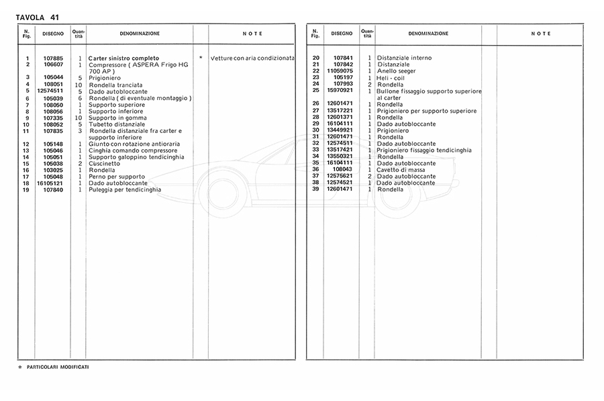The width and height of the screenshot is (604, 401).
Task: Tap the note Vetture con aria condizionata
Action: (x=252, y=58)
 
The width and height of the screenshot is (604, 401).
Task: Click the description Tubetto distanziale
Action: (x=116, y=124)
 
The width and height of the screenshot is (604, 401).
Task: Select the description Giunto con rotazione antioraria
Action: (x=134, y=144)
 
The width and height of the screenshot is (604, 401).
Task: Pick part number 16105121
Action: (x=51, y=183)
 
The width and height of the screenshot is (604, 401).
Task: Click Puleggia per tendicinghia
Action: (x=125, y=190)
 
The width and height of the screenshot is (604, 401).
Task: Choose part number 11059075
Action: (x=340, y=71)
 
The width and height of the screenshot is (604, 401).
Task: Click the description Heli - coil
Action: (x=391, y=78)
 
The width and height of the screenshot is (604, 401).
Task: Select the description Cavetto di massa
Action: (x=401, y=170)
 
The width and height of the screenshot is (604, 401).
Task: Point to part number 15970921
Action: (x=340, y=91)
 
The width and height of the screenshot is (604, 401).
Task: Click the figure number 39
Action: (x=315, y=189)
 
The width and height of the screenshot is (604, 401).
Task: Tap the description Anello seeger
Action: (x=397, y=71)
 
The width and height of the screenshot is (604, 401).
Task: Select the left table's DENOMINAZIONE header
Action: (x=140, y=34)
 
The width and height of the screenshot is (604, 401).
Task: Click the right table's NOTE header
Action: (x=541, y=34)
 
